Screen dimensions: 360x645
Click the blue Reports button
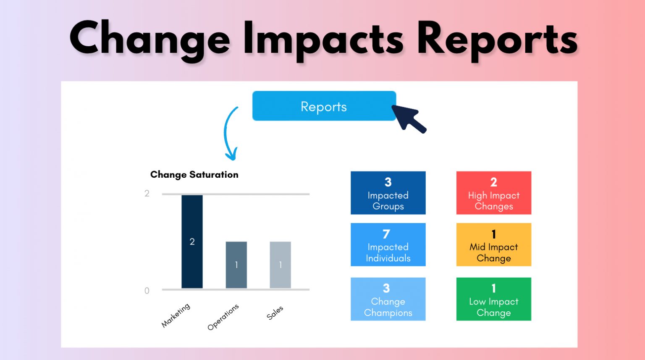pyautogui.click(x=324, y=106)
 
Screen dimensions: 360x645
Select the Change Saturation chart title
pyautogui.click(x=194, y=175)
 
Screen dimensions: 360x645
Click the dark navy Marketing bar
pyautogui.click(x=192, y=242)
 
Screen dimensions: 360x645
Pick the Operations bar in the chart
pyautogui.click(x=236, y=265)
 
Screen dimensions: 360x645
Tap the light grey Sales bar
pyautogui.click(x=280, y=265)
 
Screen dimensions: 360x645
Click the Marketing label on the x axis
pyautogui.click(x=176, y=315)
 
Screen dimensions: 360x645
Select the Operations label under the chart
pyautogui.click(x=223, y=317)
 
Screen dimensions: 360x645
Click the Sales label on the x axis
pyautogui.click(x=275, y=313)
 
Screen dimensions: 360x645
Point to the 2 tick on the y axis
pyautogui.click(x=147, y=194)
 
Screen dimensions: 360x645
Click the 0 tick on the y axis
pyautogui.click(x=147, y=291)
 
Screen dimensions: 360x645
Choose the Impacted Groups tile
pyautogui.click(x=388, y=193)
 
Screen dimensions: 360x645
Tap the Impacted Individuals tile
pyautogui.click(x=388, y=244)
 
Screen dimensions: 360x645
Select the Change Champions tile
pyautogui.click(x=388, y=299)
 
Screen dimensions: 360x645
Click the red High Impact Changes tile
pyautogui.click(x=493, y=193)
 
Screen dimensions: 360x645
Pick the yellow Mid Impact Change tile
pyautogui.click(x=493, y=244)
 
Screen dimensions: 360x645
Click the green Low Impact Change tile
pyautogui.click(x=493, y=299)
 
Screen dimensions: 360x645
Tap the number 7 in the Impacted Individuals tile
pyautogui.click(x=386, y=234)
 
